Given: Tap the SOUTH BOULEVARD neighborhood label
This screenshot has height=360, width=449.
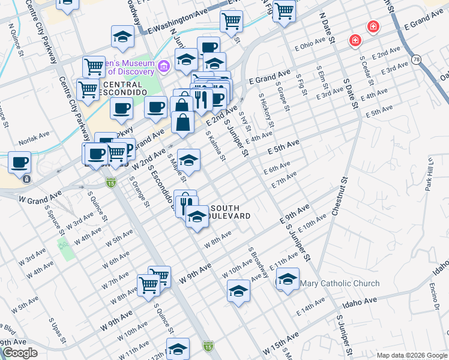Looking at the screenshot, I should (225, 212).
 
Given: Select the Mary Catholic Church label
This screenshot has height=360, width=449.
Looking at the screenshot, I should (339, 283).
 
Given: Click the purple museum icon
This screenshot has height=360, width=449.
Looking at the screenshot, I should (163, 65).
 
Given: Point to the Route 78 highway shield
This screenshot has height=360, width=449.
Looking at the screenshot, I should (416, 59).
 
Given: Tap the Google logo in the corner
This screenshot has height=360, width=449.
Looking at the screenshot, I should (20, 353).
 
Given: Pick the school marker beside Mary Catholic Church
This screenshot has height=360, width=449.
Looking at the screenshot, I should (288, 280).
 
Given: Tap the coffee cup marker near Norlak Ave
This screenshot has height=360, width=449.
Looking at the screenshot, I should (19, 162).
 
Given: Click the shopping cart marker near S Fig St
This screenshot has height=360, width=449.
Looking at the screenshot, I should (285, 11).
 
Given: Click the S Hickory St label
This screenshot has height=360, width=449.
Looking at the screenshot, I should (267, 111).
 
